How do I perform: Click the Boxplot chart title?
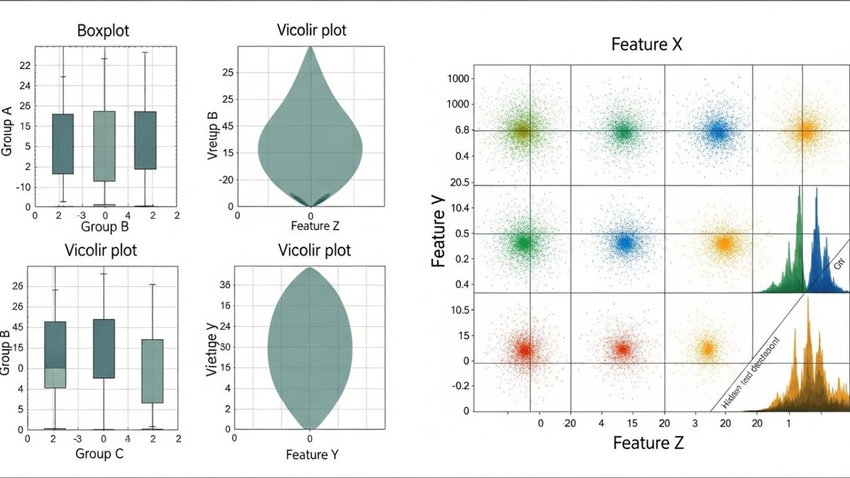pos(103,31)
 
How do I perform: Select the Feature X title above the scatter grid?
pos(646,44)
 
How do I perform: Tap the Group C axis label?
pos(100,454)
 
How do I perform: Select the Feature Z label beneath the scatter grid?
pos(647,442)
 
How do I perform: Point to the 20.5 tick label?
pos(459,183)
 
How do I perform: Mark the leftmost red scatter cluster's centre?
pos(524,350)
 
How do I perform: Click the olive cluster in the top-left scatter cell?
pos(523,131)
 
